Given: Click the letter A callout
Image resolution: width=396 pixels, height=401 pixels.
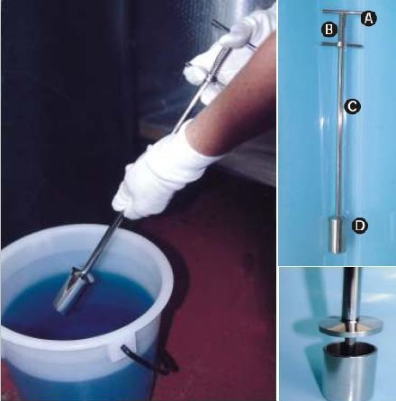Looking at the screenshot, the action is tap(368, 19).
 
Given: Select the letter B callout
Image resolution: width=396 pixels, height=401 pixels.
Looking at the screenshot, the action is tap(329, 30).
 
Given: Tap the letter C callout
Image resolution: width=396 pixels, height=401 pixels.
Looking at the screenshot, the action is tap(352, 106).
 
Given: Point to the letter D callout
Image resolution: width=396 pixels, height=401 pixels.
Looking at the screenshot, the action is tap(360, 226).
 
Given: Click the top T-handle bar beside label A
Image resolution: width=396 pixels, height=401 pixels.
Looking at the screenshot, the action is tap(341, 13).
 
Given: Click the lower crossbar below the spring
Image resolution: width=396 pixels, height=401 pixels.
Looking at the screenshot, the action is tap(342, 45).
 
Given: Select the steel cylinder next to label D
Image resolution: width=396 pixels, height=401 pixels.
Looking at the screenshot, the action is tap(338, 235).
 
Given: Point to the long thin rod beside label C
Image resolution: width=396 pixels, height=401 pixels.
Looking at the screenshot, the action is tap(340, 132).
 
